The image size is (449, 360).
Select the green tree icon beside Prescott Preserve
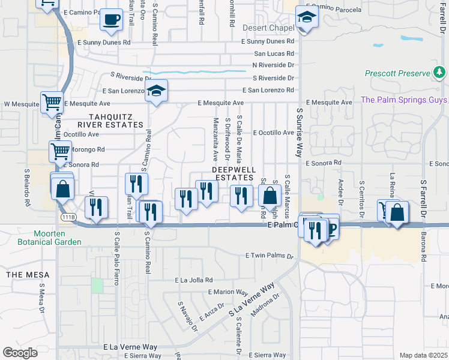coord(441,73)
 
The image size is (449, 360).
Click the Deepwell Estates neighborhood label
coord(232,174)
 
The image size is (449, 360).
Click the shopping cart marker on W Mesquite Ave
coord(52,102)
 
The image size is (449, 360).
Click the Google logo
coord(20,353)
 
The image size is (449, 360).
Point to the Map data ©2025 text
coord(423,355)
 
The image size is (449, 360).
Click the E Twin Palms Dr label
coord(270,256)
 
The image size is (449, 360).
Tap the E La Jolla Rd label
coord(193,280)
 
